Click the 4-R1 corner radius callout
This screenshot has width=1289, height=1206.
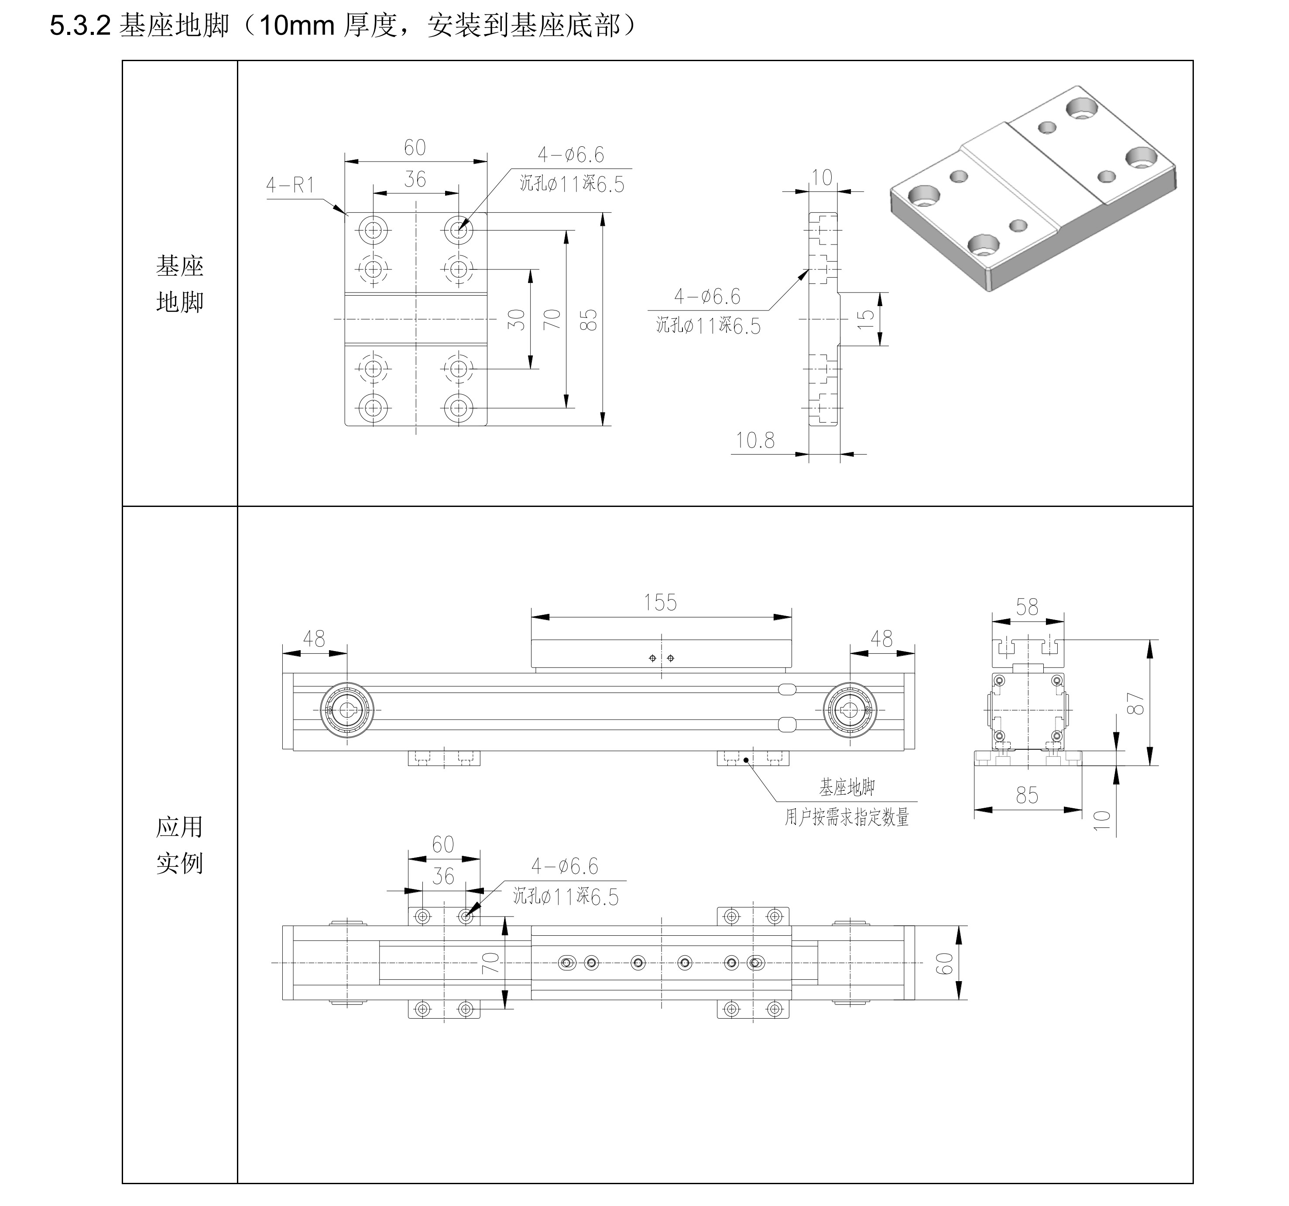[x=291, y=186]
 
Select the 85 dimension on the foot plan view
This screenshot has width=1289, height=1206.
[x=588, y=320]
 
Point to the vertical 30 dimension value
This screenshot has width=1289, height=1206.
[x=516, y=320]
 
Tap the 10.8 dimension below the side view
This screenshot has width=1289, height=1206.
[x=755, y=441]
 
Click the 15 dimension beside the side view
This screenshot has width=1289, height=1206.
[x=866, y=319]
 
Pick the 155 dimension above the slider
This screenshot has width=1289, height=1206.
[x=660, y=603]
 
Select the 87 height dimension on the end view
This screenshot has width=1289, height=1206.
[x=1135, y=704]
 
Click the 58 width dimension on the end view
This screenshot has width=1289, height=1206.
[x=1027, y=607]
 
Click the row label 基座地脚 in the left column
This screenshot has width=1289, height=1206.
[x=180, y=284]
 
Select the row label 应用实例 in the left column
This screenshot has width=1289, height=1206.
[x=180, y=845]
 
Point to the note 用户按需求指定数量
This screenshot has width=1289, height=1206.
[x=847, y=817]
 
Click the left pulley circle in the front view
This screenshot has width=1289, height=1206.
[x=347, y=710]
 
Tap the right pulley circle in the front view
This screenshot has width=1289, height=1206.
[x=850, y=710]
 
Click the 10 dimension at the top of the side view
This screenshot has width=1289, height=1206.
[x=822, y=178]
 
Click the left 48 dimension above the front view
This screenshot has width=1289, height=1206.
[x=314, y=639]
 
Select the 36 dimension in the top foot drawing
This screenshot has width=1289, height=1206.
[x=415, y=179]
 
